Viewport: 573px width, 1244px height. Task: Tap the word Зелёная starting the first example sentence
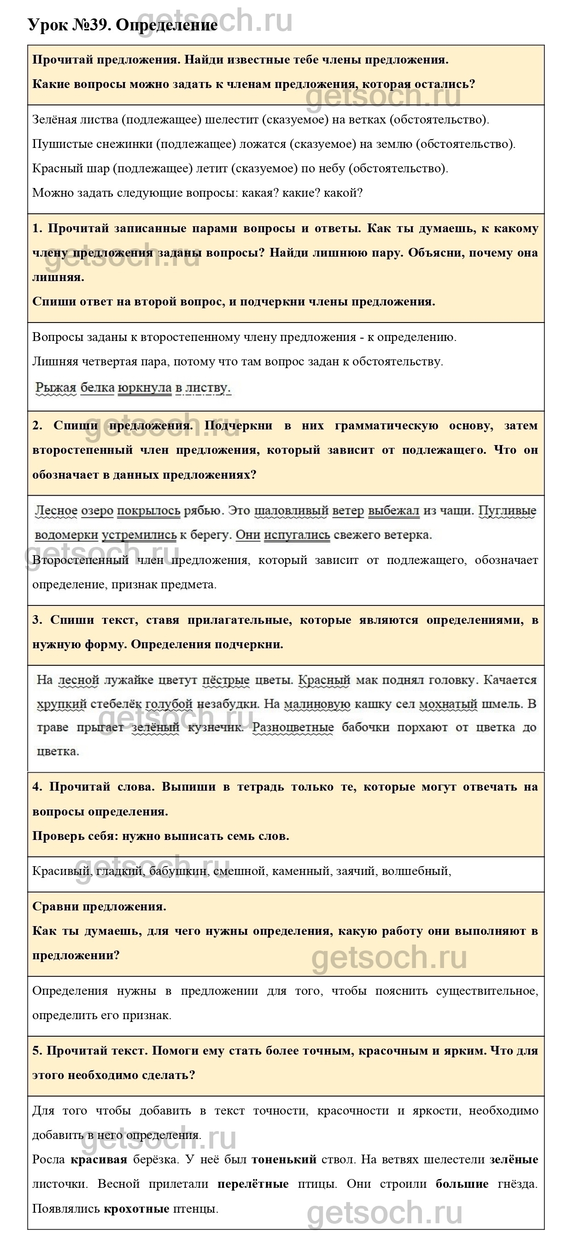tap(52, 119)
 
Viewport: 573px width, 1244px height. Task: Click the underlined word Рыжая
tap(56, 387)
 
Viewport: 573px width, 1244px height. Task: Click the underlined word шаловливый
tap(291, 511)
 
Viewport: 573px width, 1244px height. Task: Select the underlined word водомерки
tap(67, 535)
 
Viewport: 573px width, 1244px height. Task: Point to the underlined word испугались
tap(297, 535)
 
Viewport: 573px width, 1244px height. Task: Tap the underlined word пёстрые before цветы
tap(226, 680)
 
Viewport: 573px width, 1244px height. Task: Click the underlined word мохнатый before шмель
tap(448, 704)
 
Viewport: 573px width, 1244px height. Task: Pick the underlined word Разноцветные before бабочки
tap(293, 728)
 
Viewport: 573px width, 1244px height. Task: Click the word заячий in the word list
tap(355, 871)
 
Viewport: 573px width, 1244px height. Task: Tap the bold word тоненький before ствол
tap(284, 1160)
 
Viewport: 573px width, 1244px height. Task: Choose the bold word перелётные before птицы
tap(253, 1184)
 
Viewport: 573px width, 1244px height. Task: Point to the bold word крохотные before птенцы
tap(136, 1209)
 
